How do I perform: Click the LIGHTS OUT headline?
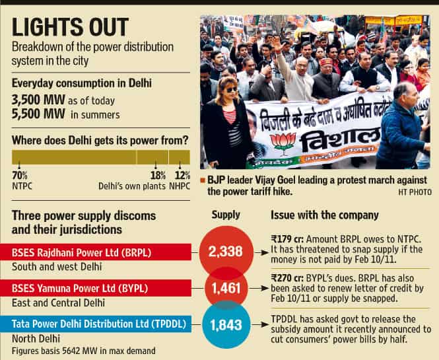coord(70,27)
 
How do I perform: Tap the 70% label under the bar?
coord(20,176)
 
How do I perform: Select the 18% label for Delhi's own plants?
coord(158,176)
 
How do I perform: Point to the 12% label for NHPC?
coord(183,176)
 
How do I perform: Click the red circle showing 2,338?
coord(226,252)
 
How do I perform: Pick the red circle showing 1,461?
coord(226,288)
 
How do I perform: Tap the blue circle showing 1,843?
coord(226,325)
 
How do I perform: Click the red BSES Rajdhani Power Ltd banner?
coord(96,252)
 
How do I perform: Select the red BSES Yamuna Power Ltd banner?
coord(96,288)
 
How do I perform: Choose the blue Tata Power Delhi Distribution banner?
coord(96,324)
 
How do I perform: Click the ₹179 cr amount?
coord(287,239)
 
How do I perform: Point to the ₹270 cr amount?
coord(287,278)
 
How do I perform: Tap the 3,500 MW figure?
coord(38,100)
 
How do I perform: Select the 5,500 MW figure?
coord(38,114)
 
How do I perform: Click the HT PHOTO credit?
coord(415,192)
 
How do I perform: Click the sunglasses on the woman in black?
coord(231,90)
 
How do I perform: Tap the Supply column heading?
coord(226,215)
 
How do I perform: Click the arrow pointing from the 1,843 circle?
coord(260,325)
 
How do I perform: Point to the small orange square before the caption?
coord(203,180)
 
